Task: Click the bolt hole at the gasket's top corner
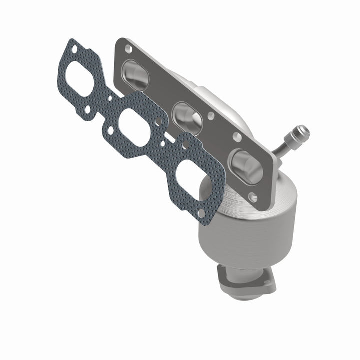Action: click(x=74, y=50)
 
